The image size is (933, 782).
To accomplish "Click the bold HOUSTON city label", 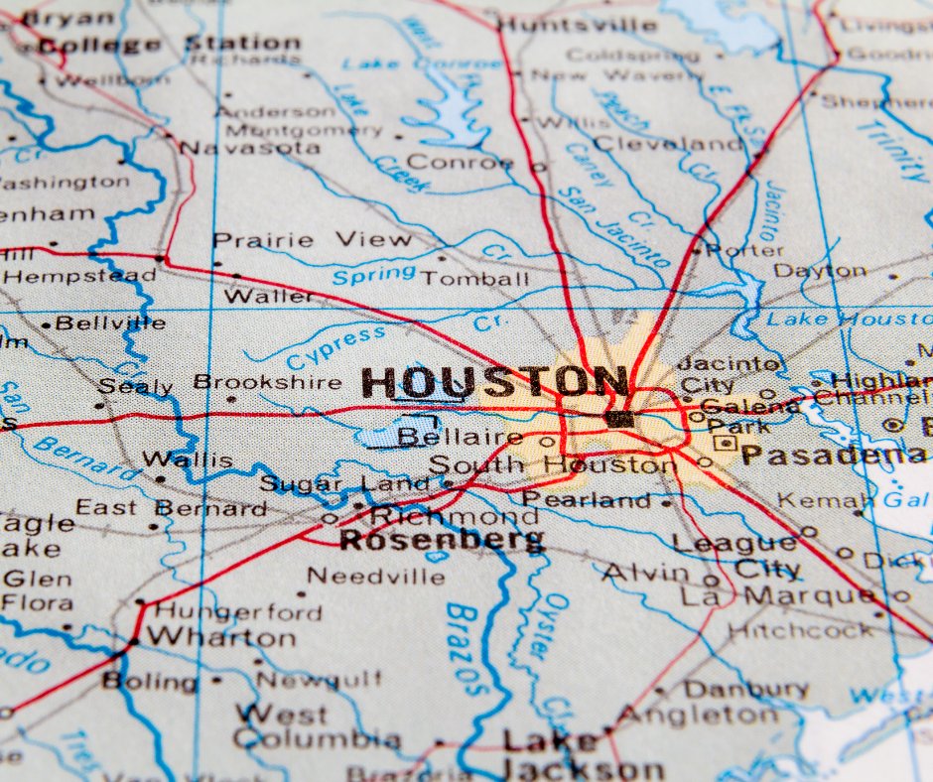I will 494,383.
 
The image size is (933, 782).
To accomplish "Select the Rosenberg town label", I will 442,540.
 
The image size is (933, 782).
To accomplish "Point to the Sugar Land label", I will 344,484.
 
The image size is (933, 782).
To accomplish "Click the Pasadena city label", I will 833,456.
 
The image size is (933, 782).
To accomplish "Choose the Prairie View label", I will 312,240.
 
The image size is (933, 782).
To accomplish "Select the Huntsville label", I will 577,25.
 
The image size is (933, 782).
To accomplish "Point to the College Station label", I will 169,44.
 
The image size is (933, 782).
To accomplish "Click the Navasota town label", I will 250,147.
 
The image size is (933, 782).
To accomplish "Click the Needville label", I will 375,576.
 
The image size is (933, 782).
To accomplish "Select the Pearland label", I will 587,500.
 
